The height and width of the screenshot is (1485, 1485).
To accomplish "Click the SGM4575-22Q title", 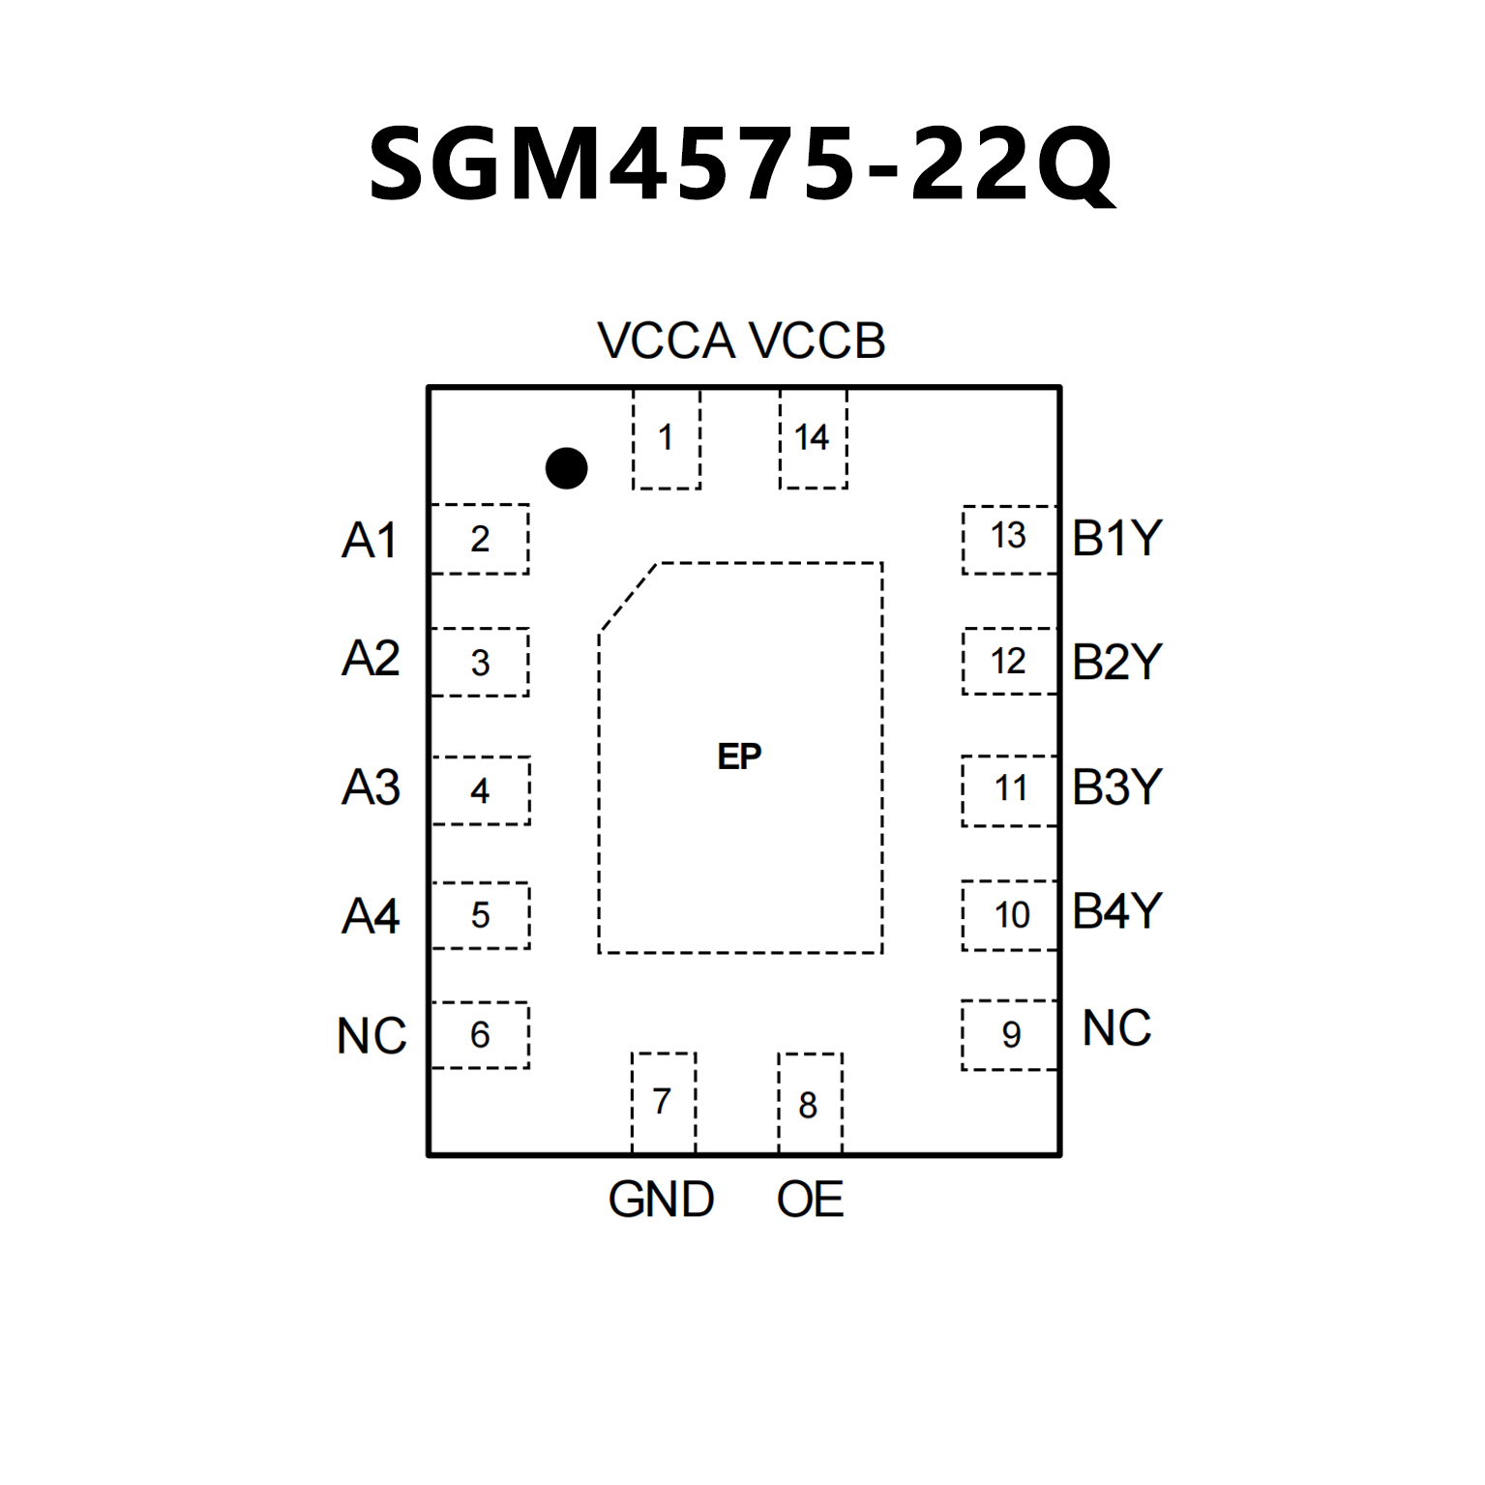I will pos(741,164).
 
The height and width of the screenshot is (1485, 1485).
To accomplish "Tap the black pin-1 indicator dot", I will pos(566,468).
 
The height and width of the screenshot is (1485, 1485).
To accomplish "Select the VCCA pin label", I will pos(666,342).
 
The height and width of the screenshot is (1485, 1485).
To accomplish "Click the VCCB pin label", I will pos(817,342).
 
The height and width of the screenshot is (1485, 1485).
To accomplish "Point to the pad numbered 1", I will pos(666,438).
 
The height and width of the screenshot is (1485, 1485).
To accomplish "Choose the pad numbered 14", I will pos(813,438).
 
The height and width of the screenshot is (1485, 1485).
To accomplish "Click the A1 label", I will pos(370,540).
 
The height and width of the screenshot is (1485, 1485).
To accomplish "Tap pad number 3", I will pos(480,663).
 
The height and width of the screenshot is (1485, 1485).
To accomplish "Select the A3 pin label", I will pos(371,787).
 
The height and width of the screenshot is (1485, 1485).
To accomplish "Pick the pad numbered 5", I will pos(480,915).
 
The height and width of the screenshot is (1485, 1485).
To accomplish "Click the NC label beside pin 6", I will pos(371,1036).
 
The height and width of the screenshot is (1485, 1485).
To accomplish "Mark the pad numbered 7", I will pos(663,1102).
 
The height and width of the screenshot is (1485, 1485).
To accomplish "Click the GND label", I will pos(661,1200).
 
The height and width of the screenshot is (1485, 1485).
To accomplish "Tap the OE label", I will pos(810,1200).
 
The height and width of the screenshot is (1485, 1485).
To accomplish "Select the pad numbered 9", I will pos(1010,1035).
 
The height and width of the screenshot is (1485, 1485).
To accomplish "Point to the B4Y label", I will pos(1116,911).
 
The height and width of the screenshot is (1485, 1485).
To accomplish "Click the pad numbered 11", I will pos(1010,789).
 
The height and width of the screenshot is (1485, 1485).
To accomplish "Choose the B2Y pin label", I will pos(1116,663).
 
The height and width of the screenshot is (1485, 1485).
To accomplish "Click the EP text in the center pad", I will pos(740,757).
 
